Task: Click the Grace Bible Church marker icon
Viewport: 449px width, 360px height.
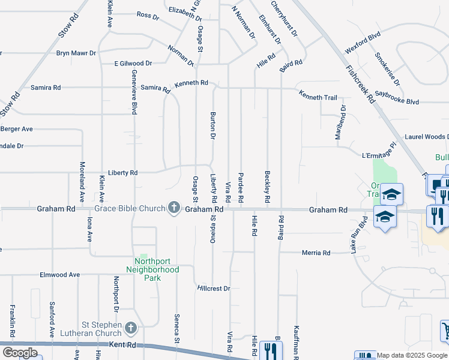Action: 174,209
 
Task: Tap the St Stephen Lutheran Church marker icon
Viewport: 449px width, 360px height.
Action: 131,328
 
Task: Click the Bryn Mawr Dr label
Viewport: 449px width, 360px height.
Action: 76,53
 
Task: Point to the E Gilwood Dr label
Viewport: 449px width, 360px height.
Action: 133,63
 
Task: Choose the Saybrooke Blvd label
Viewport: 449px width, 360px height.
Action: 396,98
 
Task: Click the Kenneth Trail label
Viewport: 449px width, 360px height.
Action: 318,97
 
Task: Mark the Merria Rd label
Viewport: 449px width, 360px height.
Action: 318,253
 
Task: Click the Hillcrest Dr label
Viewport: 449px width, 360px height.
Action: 214,289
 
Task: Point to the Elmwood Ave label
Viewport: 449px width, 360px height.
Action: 59,275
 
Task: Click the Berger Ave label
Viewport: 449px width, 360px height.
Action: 16,129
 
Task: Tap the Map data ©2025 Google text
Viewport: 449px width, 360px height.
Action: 412,355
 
